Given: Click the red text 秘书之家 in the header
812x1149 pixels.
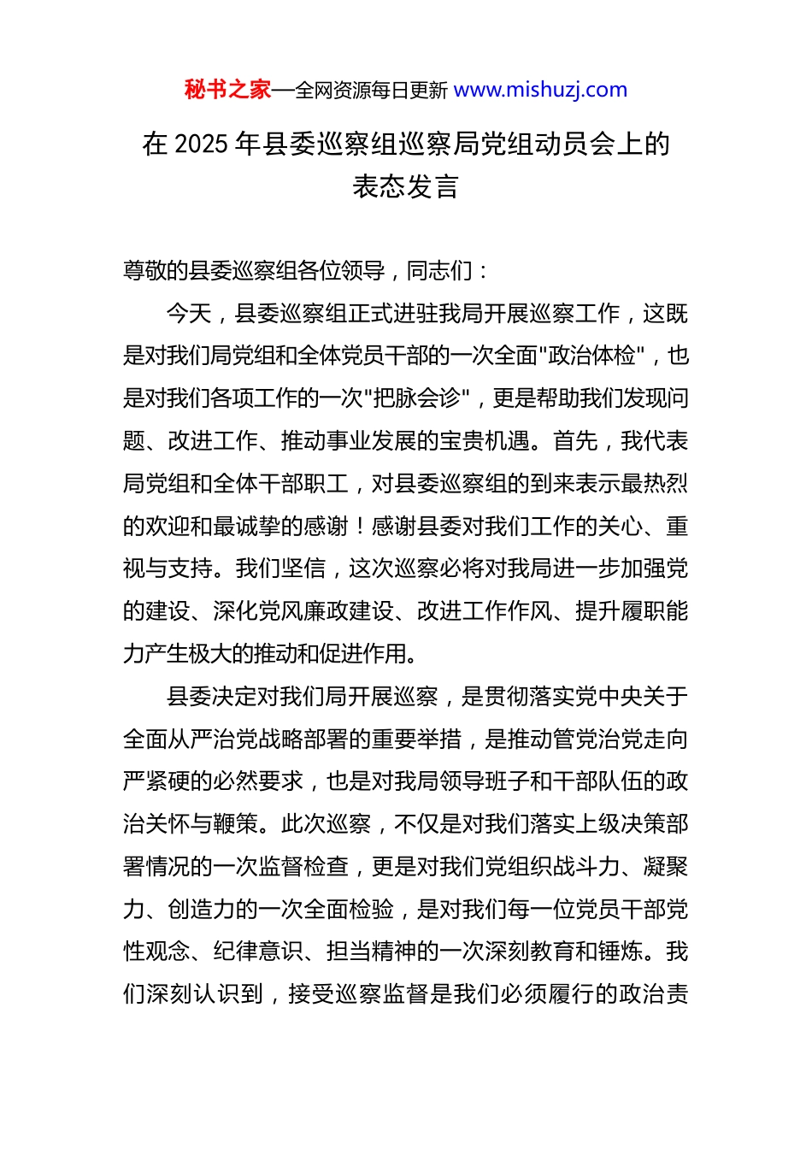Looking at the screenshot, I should pos(227,90).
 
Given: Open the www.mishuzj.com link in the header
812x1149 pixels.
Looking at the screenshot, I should pos(540,90).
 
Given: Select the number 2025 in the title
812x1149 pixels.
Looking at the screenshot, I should pos(201,144).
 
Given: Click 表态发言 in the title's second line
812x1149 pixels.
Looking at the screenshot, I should pos(406,186).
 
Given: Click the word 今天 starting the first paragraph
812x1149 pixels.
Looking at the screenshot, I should pos(189,314).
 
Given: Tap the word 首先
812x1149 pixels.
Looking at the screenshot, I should pos(575,441).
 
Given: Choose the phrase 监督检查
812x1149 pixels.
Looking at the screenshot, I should pos(303,867).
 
